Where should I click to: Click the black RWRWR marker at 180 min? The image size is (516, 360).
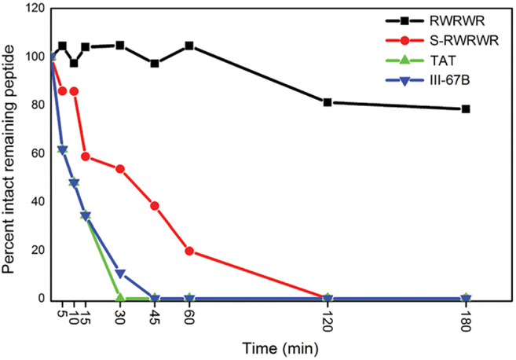click(466, 109)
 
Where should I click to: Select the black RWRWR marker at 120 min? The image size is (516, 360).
click(328, 102)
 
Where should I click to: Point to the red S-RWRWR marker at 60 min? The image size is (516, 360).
click(189, 251)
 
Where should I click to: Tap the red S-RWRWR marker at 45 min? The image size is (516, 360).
click(155, 206)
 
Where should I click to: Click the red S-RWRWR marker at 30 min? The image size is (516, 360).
click(120, 169)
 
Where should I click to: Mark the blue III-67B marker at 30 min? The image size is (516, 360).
click(120, 274)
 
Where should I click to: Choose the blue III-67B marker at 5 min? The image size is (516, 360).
click(63, 149)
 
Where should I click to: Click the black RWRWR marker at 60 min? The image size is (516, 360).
click(189, 46)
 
